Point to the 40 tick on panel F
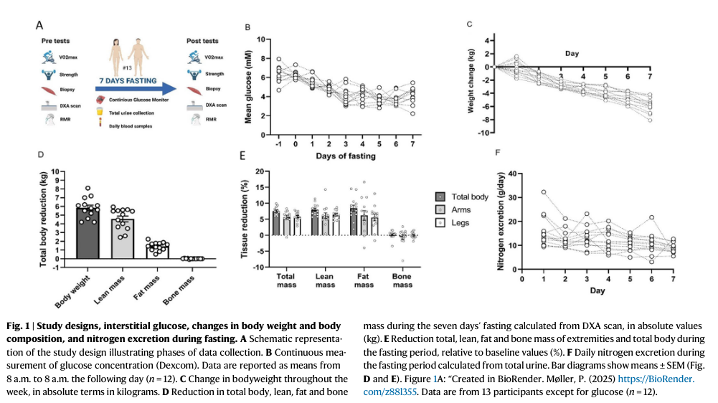tap(511, 174)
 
